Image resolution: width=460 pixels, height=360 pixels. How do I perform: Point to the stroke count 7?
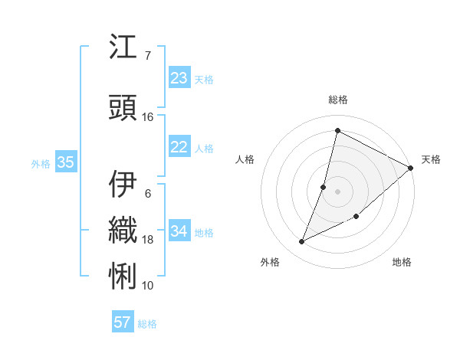tap(147, 55)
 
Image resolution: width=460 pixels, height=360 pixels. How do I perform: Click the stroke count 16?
tap(148, 117)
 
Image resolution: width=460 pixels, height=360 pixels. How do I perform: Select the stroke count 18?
tap(148, 240)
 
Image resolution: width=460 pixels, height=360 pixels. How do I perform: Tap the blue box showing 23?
tap(179, 78)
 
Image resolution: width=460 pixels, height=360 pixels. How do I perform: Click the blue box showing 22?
tap(179, 147)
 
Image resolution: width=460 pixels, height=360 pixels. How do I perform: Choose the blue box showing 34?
tap(179, 231)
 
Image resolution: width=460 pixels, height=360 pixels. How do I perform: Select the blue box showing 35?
tap(65, 162)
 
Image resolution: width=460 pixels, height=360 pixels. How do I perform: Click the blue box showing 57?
tap(122, 322)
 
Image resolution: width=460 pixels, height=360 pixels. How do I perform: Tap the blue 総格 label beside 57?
tap(147, 324)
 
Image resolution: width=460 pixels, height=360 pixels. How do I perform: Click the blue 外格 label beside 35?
tap(41, 163)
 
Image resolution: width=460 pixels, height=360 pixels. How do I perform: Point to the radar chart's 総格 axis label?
tap(337, 100)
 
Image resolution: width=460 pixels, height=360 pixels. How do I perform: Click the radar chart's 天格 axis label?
tap(431, 159)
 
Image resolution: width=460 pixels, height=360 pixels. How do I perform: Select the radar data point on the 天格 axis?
tap(410, 168)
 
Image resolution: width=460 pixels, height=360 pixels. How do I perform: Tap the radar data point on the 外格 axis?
tap(302, 242)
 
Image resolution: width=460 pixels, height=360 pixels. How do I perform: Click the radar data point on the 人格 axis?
tap(324, 187)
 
